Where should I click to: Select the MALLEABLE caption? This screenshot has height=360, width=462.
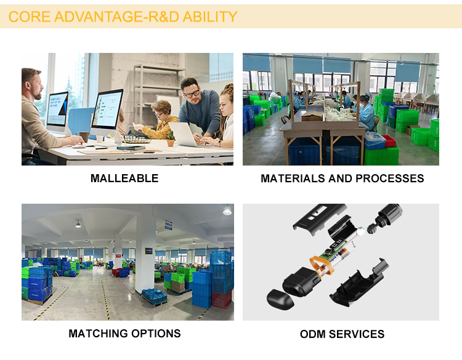pyautogui.click(x=124, y=178)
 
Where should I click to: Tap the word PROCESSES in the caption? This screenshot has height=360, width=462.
pyautogui.click(x=389, y=178)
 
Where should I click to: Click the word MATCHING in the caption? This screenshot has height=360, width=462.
pyautogui.click(x=98, y=334)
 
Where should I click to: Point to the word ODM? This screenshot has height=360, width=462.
pyautogui.click(x=312, y=334)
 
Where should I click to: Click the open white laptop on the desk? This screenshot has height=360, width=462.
pyautogui.click(x=183, y=134)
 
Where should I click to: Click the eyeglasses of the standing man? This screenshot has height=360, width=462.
pyautogui.click(x=191, y=94)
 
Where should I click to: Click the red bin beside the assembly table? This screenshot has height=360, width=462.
pyautogui.click(x=389, y=141)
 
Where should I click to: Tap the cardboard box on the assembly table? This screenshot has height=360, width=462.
pyautogui.click(x=312, y=116)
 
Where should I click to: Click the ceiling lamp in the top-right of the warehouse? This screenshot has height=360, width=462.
pyautogui.click(x=227, y=210)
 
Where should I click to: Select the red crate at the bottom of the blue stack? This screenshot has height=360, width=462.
pyautogui.click(x=222, y=300)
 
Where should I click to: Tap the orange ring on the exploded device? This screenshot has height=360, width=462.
pyautogui.click(x=323, y=264)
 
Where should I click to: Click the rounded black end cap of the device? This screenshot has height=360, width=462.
pyautogui.click(x=280, y=300)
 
